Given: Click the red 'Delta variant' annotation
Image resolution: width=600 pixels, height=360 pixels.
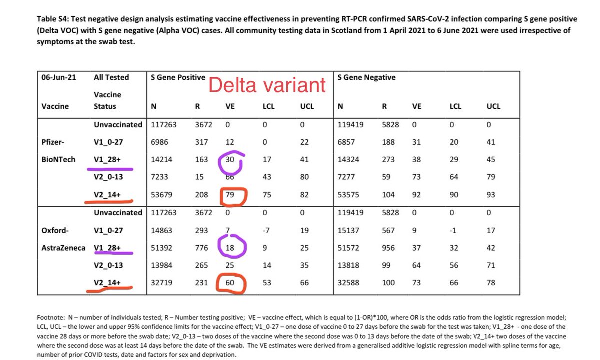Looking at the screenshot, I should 267,85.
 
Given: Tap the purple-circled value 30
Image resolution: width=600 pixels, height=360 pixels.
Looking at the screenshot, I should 230,160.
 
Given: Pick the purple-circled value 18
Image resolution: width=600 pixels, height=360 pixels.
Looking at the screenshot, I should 231,247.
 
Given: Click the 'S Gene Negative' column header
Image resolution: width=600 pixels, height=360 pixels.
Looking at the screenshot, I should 366,77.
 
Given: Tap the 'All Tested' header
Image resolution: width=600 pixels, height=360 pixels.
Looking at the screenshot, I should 111,77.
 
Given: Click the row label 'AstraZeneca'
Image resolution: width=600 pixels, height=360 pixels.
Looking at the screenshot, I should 61,248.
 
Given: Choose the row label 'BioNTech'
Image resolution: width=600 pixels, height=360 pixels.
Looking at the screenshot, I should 59,160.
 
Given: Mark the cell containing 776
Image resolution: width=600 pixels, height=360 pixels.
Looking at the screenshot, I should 202,248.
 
